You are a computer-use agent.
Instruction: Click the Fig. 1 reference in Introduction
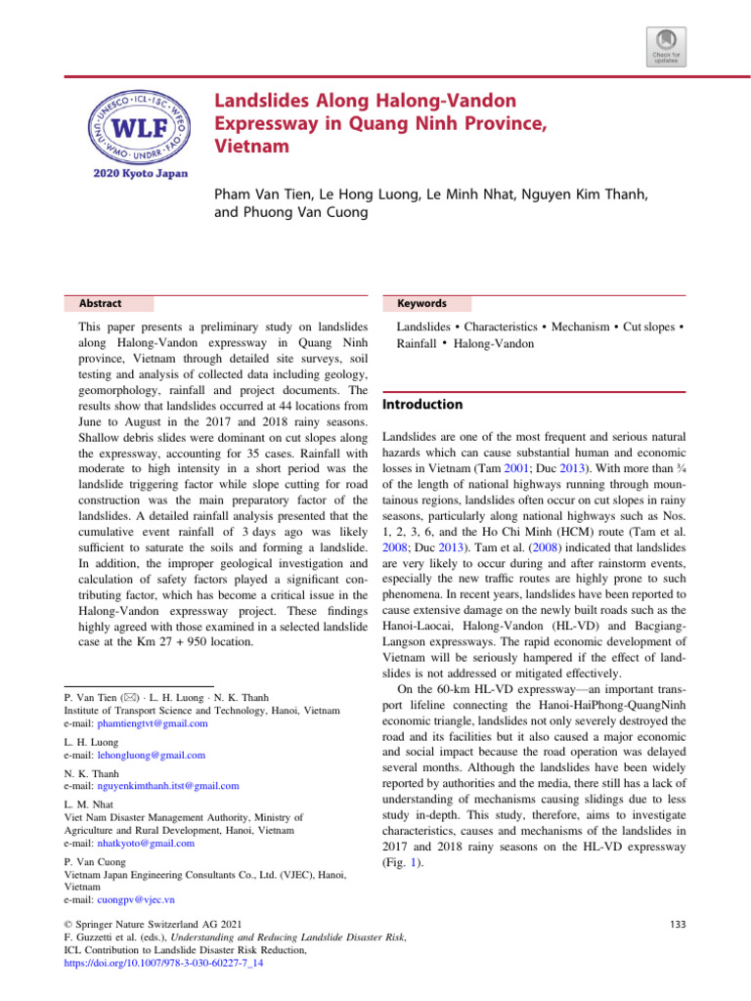(397, 864)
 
